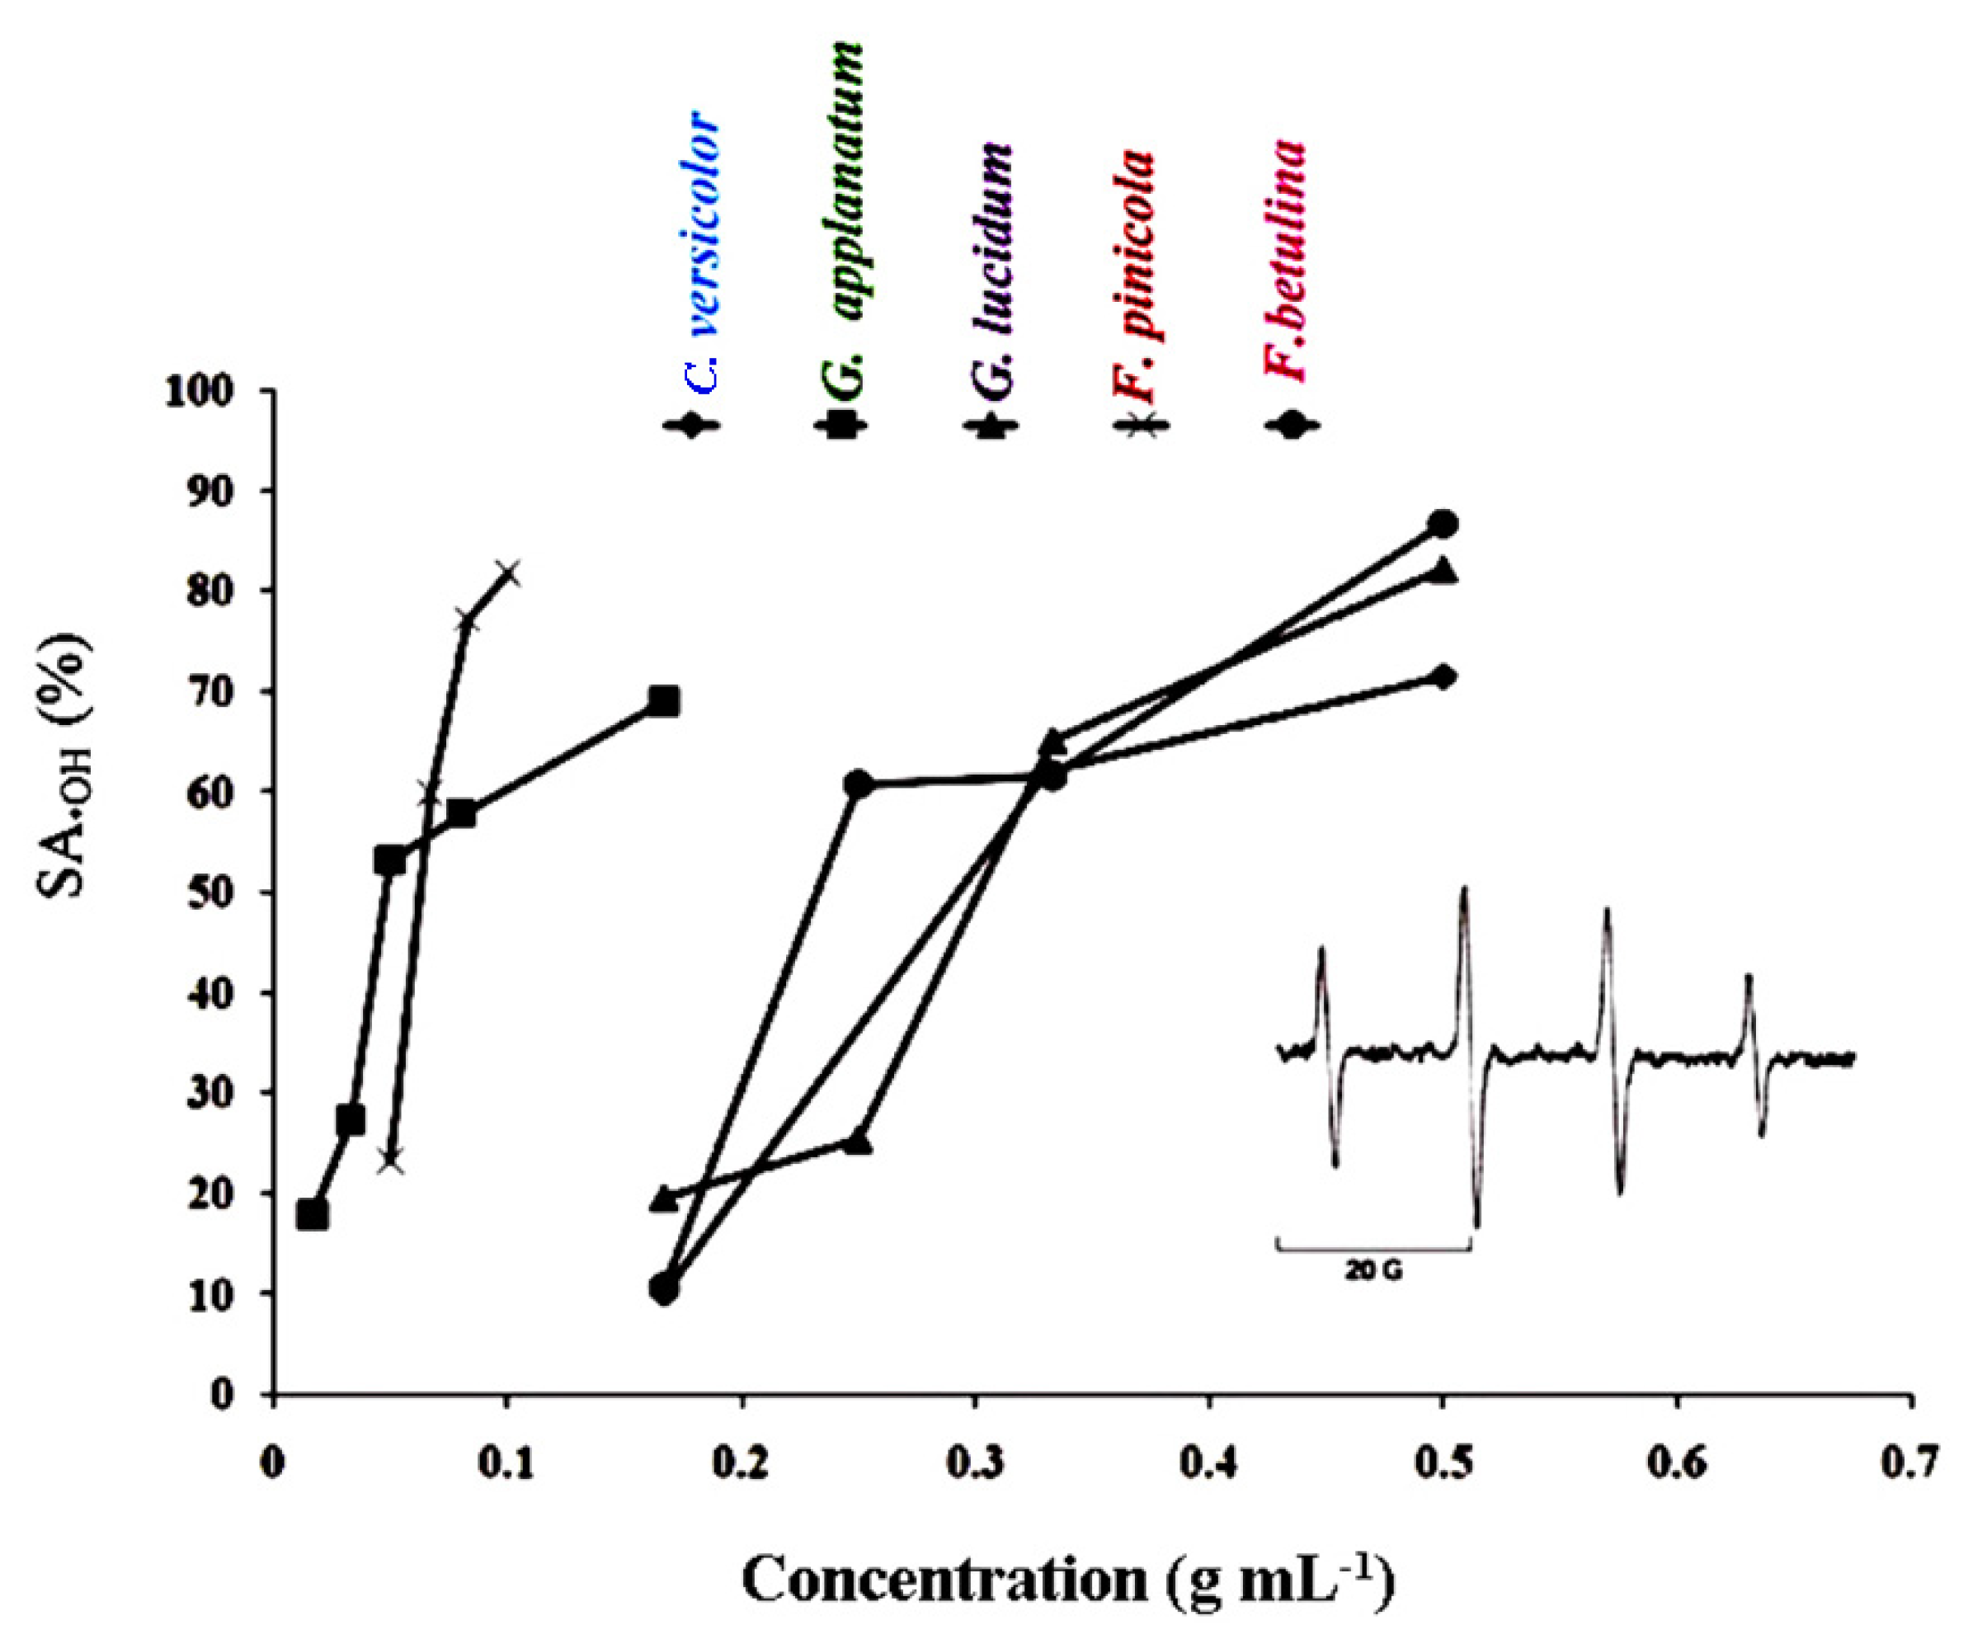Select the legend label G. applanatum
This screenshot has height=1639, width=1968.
point(840,211)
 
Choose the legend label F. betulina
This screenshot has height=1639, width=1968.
point(1285,262)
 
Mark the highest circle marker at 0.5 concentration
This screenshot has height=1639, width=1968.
point(1444,524)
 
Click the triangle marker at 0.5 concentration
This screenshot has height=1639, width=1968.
point(1444,571)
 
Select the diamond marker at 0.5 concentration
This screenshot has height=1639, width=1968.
point(1444,676)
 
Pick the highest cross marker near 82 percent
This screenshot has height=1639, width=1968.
point(507,572)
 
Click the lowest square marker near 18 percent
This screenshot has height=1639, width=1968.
point(312,1215)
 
